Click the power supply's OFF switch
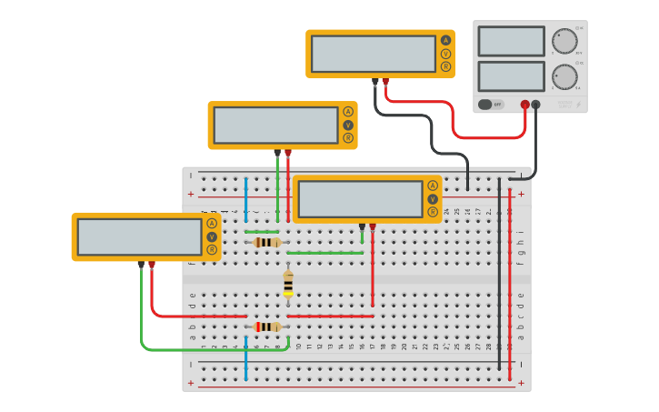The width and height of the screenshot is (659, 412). [491, 105]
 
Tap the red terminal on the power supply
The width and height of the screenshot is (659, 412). [524, 105]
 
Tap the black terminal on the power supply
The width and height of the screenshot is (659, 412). [535, 105]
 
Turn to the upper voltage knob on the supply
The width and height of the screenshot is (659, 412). [564, 42]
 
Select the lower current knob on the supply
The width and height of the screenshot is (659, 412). [564, 77]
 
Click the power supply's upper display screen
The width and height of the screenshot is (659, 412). [511, 41]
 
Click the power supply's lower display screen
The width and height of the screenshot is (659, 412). [511, 75]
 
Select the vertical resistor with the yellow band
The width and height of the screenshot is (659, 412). [288, 283]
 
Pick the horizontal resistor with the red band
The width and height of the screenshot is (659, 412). [267, 327]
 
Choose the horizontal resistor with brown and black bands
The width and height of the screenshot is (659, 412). [266, 242]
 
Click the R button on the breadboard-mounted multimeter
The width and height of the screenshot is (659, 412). [433, 213]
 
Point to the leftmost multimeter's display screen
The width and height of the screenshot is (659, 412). [139, 236]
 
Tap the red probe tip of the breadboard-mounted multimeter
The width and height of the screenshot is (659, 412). [373, 226]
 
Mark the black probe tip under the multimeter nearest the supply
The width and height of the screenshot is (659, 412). [374, 82]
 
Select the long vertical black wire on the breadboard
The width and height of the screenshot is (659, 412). [499, 273]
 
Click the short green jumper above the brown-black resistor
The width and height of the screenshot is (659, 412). [262, 231]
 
